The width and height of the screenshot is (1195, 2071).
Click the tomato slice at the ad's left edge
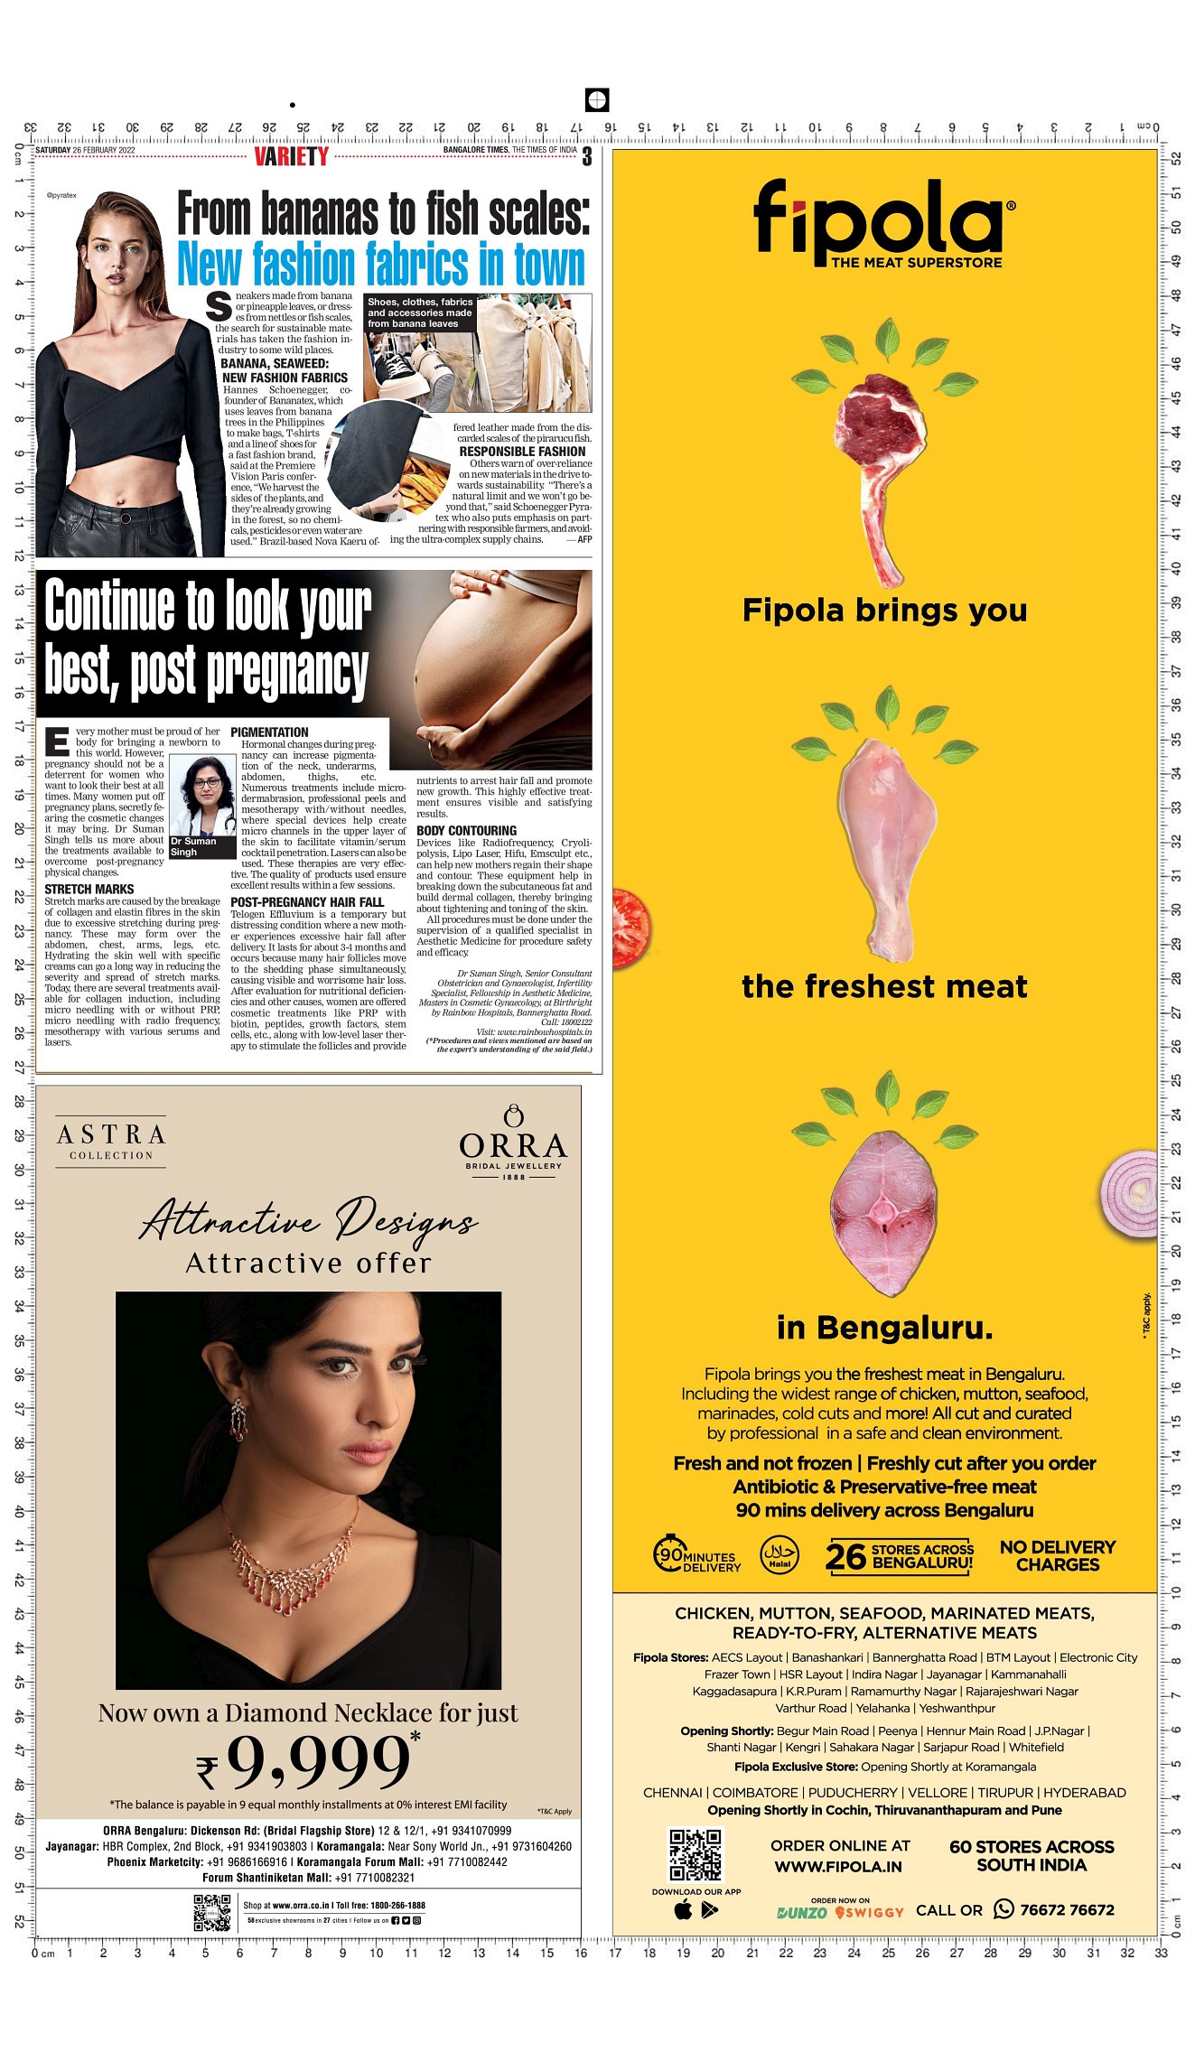tap(629, 928)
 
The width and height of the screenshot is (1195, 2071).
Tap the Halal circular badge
tap(779, 1555)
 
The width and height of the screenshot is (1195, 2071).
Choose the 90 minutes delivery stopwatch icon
tap(670, 1553)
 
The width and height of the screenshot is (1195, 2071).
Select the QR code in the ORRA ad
tap(212, 1913)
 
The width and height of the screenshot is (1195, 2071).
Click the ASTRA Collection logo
tap(111, 1142)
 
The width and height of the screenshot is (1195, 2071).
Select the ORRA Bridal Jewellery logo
tap(513, 1143)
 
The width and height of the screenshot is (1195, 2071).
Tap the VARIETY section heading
tap(291, 157)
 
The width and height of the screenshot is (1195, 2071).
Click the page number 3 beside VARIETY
tap(587, 157)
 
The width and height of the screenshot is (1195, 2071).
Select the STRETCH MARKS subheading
tap(89, 890)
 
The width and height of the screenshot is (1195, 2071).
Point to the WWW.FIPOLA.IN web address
tap(838, 1866)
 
